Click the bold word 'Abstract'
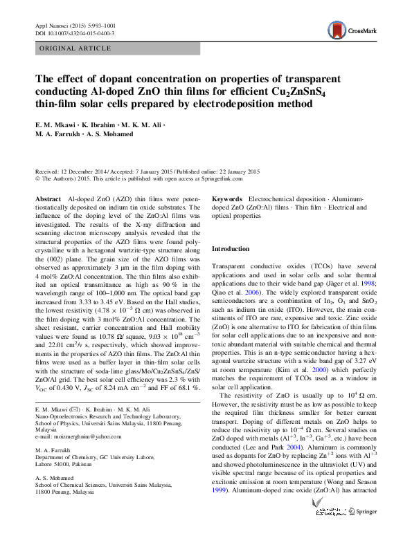pyautogui.click(x=48, y=198)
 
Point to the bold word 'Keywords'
pyautogui.click(x=226, y=198)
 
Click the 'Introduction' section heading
pyautogui.click(x=231, y=249)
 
